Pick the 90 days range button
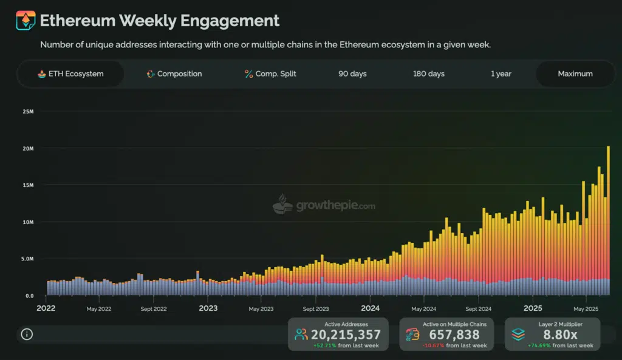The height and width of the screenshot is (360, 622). [x=352, y=73]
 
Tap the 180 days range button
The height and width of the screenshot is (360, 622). [x=428, y=73]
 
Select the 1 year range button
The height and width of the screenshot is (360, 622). [x=501, y=73]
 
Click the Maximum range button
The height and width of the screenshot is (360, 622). [x=575, y=73]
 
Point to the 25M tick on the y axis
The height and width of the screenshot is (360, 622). [x=29, y=112]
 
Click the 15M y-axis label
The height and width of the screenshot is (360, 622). [x=29, y=185]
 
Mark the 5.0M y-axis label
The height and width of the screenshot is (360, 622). [x=29, y=259]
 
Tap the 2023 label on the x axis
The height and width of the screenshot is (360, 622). [x=208, y=308]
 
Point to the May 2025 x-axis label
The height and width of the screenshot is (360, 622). [x=585, y=309]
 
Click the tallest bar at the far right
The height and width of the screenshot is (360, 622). [x=608, y=219]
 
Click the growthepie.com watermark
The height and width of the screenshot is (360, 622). [x=324, y=205]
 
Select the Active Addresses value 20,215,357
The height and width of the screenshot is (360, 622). [x=346, y=335]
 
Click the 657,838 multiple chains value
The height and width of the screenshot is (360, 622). [x=454, y=335]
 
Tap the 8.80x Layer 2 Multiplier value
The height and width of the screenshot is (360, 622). [x=559, y=335]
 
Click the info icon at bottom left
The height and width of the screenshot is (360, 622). [x=27, y=334]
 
